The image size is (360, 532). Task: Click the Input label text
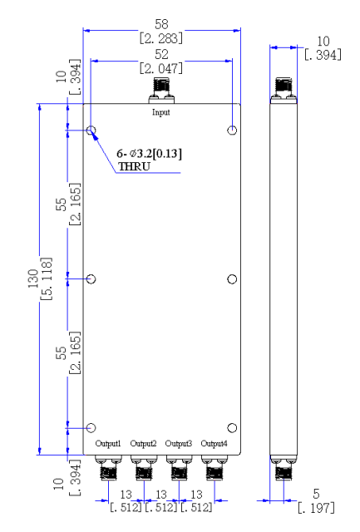point(160,112)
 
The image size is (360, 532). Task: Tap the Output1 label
point(108,443)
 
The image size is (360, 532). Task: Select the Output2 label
point(143,443)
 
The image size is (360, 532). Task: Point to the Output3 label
point(179,443)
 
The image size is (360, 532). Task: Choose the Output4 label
point(214,443)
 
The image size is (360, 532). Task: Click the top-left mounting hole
point(91,130)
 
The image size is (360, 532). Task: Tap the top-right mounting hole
point(232,130)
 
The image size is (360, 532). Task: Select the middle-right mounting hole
point(232,279)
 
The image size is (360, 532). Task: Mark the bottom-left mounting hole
point(91,428)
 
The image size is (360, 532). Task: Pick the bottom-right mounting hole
point(232,428)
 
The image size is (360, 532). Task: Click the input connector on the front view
point(161,91)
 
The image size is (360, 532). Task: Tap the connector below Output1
point(108,468)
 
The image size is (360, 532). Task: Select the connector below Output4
point(215,468)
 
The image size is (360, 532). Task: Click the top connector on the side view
point(284,91)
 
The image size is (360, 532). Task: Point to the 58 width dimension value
point(161,24)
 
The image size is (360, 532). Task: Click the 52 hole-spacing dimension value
point(161,54)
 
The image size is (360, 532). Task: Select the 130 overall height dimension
point(33,278)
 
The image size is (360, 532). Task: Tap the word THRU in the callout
point(134,166)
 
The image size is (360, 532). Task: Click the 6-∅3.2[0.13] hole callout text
point(150,154)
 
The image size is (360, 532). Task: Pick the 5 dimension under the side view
point(316,494)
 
